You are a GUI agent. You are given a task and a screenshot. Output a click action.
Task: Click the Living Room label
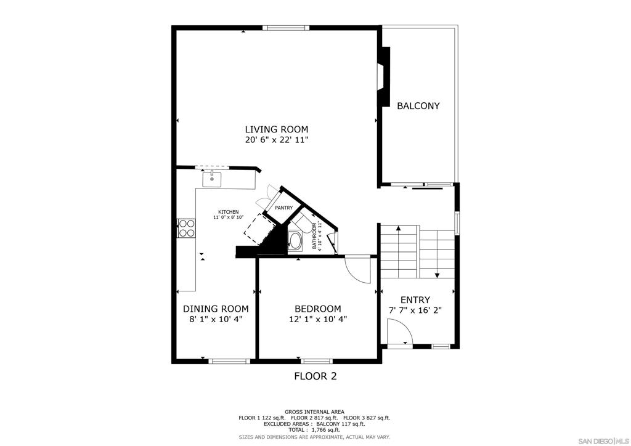[x=277, y=129]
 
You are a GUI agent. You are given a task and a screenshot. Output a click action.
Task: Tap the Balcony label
[x=418, y=106]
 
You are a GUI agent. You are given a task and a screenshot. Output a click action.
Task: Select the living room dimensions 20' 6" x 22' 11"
[x=277, y=140]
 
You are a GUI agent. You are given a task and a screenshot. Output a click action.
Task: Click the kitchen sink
[x=212, y=179]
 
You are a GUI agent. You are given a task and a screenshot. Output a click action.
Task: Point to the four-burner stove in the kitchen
[x=186, y=228]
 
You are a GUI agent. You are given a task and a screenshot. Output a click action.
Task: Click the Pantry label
[x=283, y=208]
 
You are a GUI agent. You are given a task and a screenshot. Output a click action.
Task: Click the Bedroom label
[x=318, y=309]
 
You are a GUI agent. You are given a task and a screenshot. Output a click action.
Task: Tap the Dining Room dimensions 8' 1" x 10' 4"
[x=216, y=319]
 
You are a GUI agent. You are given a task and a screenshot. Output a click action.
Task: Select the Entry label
[x=415, y=300]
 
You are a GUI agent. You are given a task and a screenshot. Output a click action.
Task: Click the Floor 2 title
[x=315, y=376]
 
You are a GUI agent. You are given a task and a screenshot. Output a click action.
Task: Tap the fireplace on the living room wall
[x=384, y=77]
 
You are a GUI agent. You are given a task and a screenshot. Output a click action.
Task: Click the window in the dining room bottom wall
[x=229, y=361]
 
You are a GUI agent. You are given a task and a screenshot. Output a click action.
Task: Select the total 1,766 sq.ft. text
[x=315, y=430]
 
